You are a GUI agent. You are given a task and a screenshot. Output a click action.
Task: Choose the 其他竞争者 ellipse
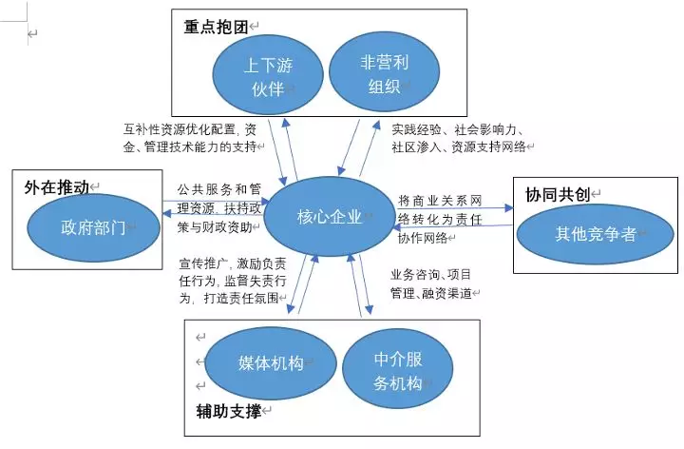596,234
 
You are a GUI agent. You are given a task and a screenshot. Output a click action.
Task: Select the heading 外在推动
55,187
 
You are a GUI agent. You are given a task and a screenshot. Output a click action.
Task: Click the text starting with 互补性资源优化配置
190,138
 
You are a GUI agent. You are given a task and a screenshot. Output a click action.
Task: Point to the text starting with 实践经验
463,138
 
